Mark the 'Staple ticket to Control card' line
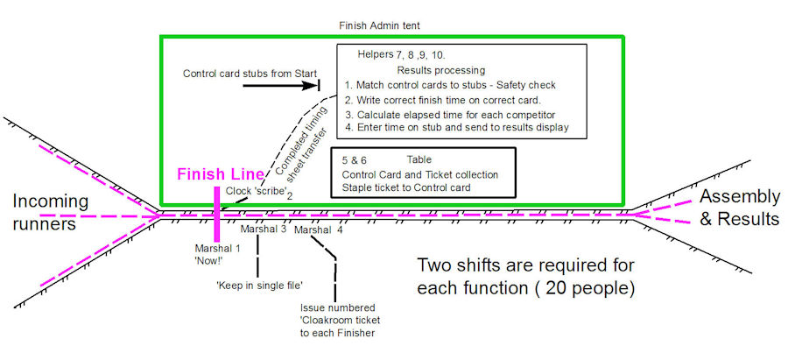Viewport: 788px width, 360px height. click(408, 188)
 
